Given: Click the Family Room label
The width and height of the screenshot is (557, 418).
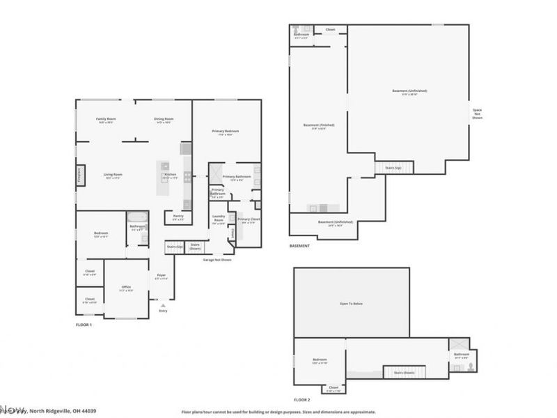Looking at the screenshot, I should click(106, 119).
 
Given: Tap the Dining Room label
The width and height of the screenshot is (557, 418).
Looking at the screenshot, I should click(164, 119).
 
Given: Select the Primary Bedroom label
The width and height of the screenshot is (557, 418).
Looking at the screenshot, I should click(226, 131).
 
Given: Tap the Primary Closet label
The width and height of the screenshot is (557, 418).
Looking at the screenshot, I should click(248, 219).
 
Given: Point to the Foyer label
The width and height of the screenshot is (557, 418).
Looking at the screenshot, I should click(161, 276).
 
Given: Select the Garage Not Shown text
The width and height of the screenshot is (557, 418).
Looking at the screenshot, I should click(217, 260).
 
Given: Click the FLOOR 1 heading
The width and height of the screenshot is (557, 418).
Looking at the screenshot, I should click(84, 325).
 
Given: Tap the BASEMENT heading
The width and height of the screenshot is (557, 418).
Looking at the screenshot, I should click(299, 245).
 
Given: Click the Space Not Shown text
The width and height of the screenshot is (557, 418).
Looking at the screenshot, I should click(477, 114).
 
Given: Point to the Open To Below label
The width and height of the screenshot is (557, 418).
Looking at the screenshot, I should click(352, 304).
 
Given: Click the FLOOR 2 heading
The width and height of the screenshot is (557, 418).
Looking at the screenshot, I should click(301, 400).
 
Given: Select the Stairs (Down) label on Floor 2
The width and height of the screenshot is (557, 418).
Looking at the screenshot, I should click(404, 373).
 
